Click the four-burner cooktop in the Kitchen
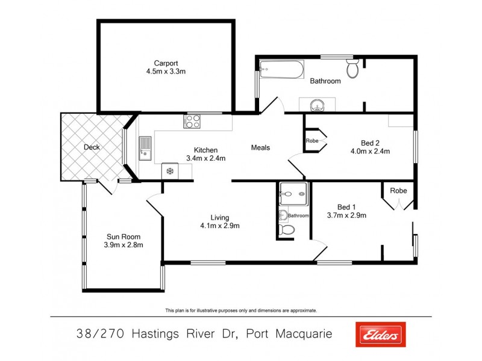tap(192, 122)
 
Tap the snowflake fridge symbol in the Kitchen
tap(170, 171)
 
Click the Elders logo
tap(380, 335)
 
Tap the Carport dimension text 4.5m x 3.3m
tap(166, 71)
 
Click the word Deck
tap(92, 147)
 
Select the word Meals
tap(260, 147)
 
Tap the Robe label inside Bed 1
tap(398, 191)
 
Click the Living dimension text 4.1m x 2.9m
tap(220, 226)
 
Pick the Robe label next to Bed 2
tap(311, 141)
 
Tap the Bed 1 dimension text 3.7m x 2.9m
tap(346, 215)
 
